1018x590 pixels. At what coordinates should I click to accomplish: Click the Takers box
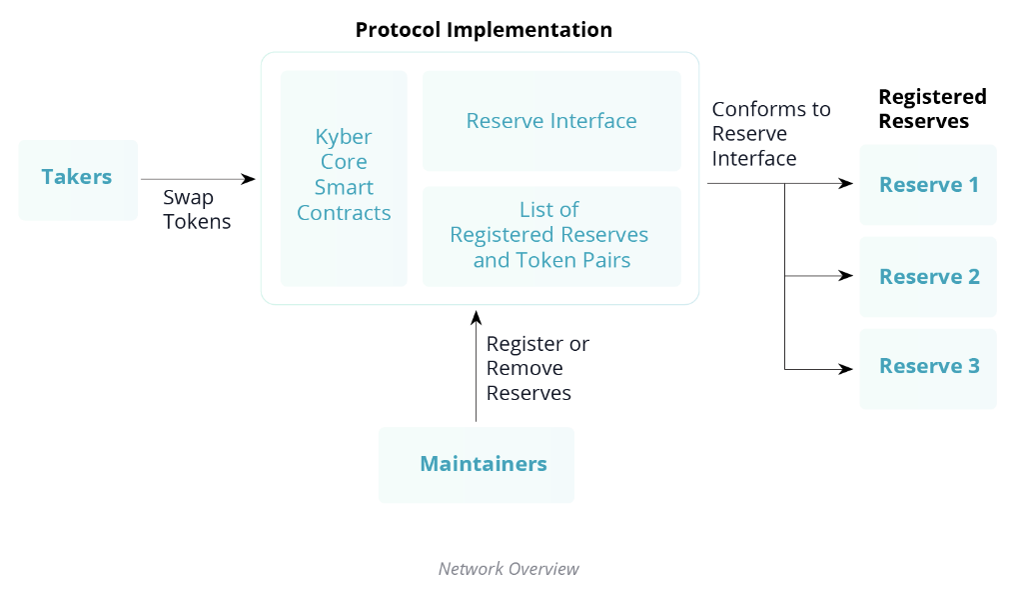78,180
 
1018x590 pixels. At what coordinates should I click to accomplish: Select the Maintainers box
477,465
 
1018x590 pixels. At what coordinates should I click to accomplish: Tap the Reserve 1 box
928,185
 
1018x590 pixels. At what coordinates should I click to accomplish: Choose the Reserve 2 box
928,277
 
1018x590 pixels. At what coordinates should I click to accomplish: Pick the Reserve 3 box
928,368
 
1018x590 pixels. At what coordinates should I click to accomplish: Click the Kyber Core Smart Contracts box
344,179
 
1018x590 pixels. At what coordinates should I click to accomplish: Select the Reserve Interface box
551,121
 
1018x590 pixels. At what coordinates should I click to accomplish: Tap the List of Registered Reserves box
551,237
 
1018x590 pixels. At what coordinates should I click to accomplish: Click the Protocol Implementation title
484,30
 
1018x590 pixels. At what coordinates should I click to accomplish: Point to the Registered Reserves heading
932,109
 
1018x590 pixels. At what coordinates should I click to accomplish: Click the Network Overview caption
509,569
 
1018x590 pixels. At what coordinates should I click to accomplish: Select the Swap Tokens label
197,209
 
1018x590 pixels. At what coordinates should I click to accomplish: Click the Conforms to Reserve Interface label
771,134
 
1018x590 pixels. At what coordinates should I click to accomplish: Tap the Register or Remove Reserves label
537,368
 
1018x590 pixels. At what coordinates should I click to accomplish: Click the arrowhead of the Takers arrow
249,179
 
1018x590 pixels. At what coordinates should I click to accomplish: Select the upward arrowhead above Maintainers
476,318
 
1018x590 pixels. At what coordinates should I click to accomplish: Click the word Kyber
344,137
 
